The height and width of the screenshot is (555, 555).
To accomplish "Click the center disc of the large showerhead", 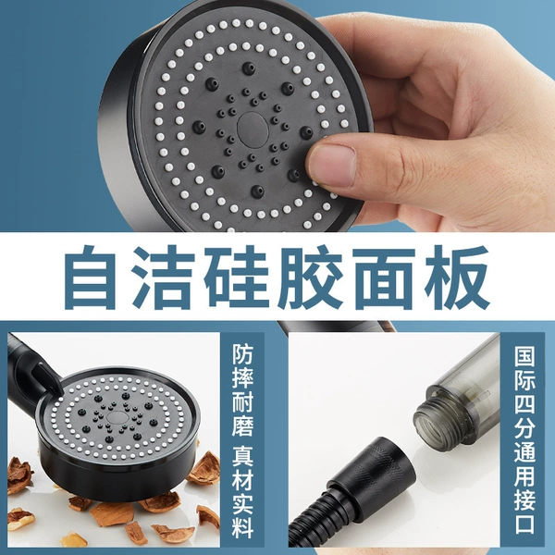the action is click(x=252, y=128).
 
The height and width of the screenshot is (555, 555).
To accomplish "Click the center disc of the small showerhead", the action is click(x=115, y=416).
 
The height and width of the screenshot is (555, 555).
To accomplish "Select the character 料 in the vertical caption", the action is click(x=242, y=526).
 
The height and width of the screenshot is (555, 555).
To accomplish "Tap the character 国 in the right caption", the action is click(x=524, y=356).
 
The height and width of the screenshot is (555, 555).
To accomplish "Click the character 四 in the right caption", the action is click(x=524, y=406).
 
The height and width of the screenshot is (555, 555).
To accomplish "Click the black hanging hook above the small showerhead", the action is click(x=45, y=378).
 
